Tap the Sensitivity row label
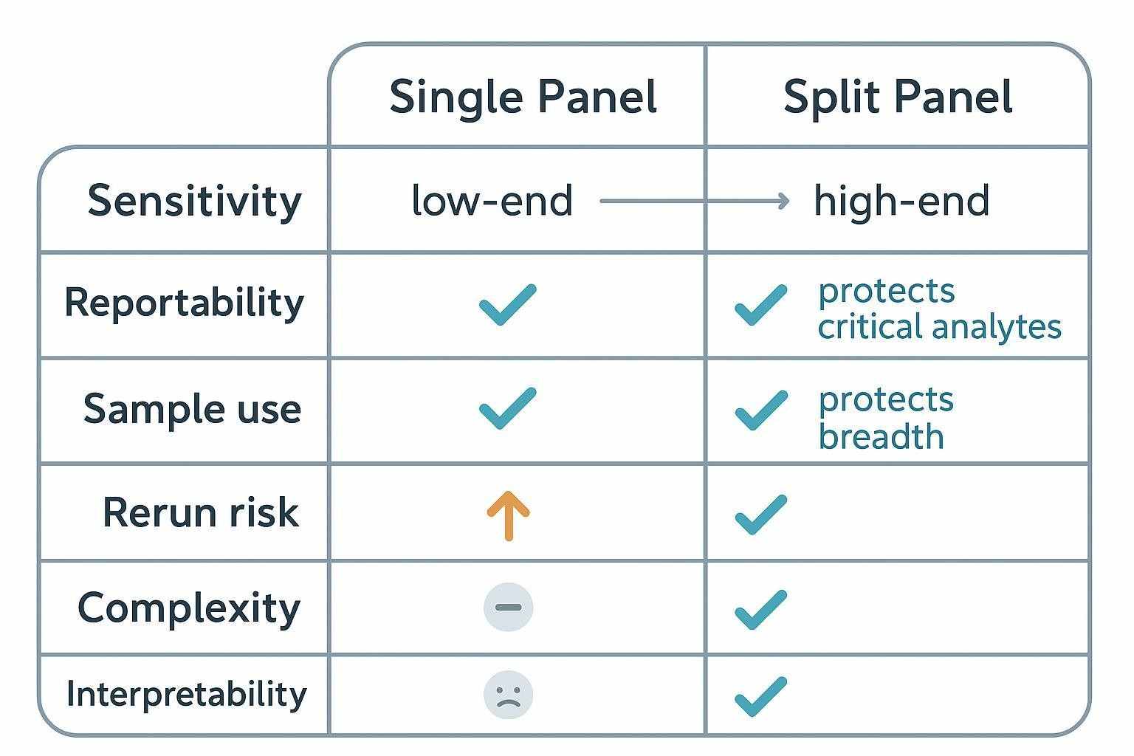pos(194,201)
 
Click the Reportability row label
pos(185,303)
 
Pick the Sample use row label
pos(192,409)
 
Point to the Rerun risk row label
pos(201,512)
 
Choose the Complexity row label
pos(189,608)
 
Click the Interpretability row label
pos(186,694)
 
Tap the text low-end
pos(492,201)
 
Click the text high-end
pos(901,201)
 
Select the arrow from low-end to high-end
pos(694,201)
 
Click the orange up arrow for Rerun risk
pos(508,515)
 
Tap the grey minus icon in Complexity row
pos(508,608)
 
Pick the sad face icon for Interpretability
pos(508,695)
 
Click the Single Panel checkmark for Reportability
pos(508,304)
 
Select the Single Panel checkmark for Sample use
pos(508,408)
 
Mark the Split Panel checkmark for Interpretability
pos(760,696)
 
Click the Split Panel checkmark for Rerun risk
pos(760,515)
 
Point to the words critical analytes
pos(939,327)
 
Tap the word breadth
pos(881,436)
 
